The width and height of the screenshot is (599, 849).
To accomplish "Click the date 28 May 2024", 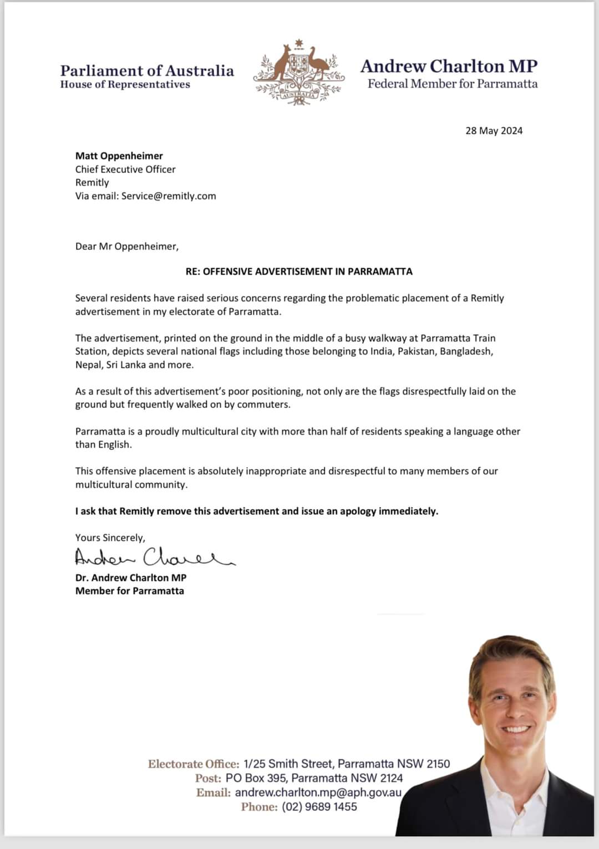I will (494, 131).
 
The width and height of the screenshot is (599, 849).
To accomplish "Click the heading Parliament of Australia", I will (147, 71).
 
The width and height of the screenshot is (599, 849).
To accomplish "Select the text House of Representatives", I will (125, 84).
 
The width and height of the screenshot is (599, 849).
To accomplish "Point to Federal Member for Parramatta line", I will (452, 84).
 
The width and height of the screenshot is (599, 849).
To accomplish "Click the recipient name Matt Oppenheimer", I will (119, 156).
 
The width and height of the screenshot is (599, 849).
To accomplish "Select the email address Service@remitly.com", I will (169, 196).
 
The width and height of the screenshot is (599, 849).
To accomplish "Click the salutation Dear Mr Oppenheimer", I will (127, 246).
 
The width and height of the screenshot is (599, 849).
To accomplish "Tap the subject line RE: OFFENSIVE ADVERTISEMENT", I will (299, 272).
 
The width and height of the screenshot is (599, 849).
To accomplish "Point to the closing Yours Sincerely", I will (110, 538).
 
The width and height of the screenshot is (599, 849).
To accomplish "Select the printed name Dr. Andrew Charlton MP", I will (131, 577).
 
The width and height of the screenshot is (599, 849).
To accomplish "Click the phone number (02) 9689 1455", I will (319, 807).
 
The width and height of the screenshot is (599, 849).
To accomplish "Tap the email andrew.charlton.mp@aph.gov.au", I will (318, 792).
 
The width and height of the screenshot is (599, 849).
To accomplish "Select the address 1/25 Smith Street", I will (288, 764).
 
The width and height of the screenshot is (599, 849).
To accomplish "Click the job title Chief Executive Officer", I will (125, 169).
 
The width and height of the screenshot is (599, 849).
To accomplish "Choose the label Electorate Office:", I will (194, 764).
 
